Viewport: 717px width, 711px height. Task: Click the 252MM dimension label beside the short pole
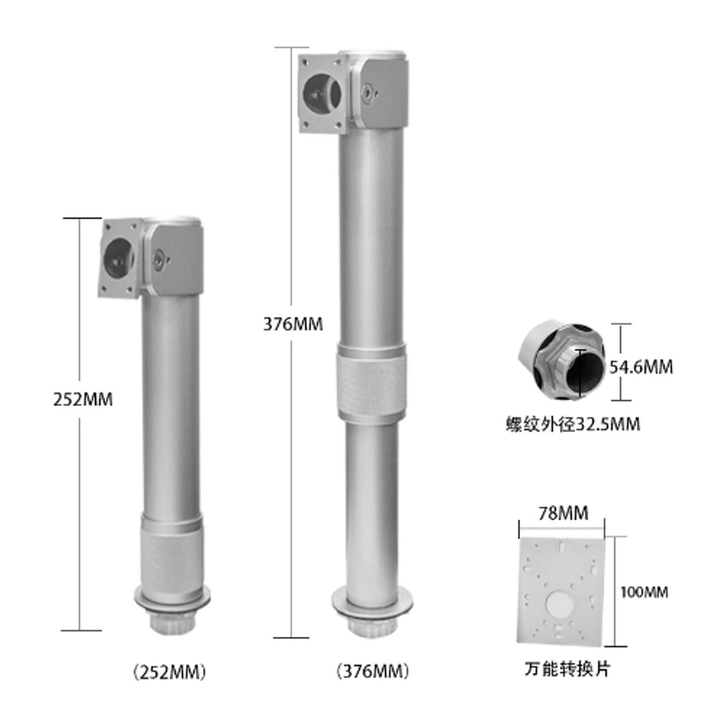83,399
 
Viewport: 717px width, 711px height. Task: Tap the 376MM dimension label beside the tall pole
293,324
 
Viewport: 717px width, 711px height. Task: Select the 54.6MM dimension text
641,367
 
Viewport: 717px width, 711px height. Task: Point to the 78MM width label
563,513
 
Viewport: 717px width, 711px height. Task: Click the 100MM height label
644,592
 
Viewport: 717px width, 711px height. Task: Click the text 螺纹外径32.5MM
573,424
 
